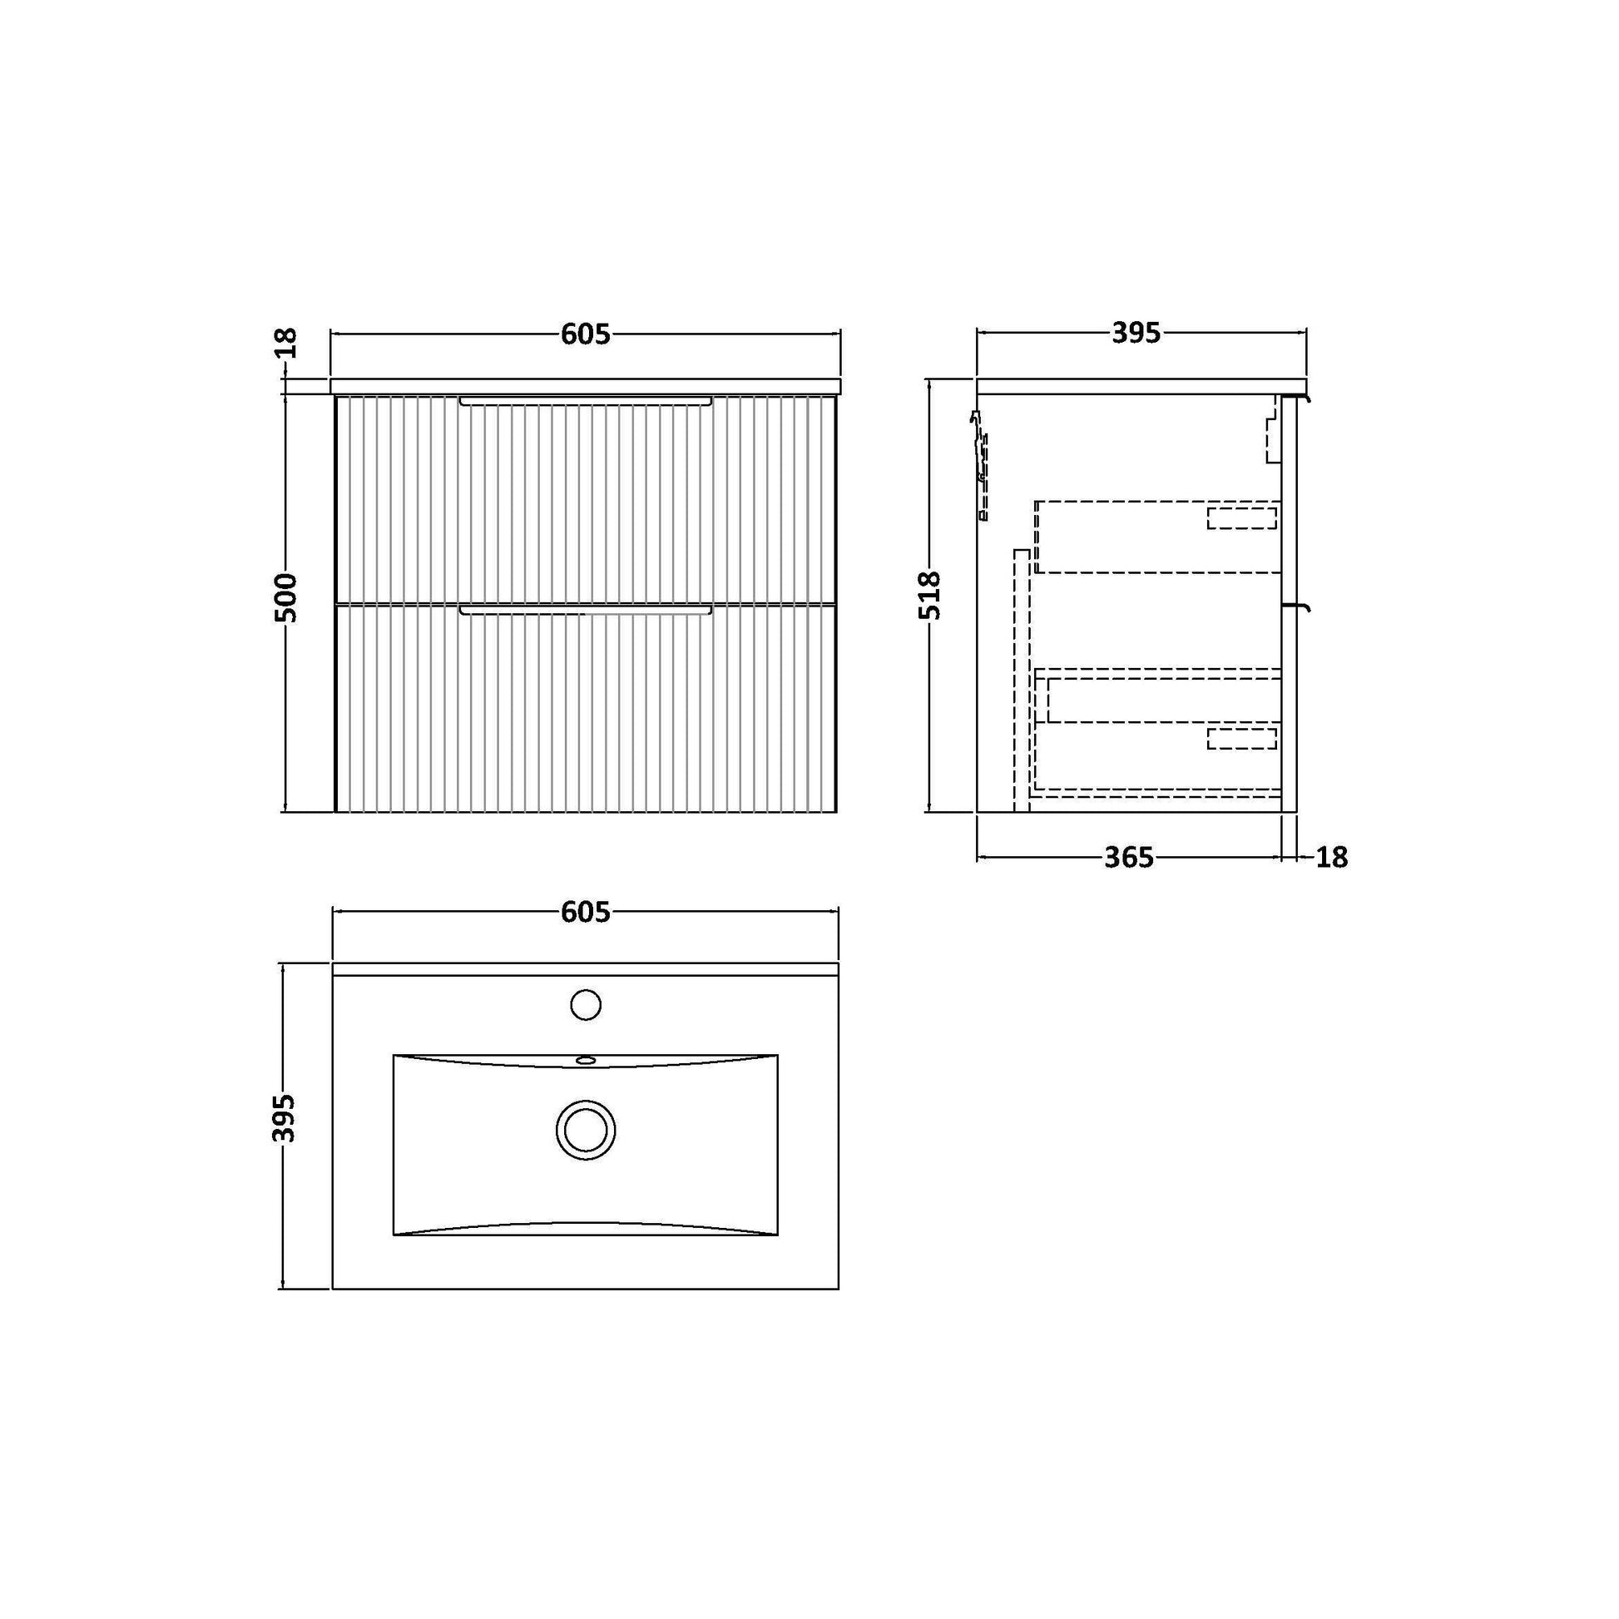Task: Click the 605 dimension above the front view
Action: [x=586, y=334]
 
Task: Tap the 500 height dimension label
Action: [x=286, y=597]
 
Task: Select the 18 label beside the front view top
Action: [x=285, y=343]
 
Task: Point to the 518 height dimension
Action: [x=930, y=596]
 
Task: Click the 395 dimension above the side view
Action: [x=1136, y=334]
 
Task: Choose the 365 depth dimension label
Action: [x=1129, y=858]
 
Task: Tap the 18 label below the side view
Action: [x=1332, y=858]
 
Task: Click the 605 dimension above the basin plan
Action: [x=586, y=913]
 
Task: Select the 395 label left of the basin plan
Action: [x=286, y=1118]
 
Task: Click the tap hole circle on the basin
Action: [x=586, y=1006]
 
